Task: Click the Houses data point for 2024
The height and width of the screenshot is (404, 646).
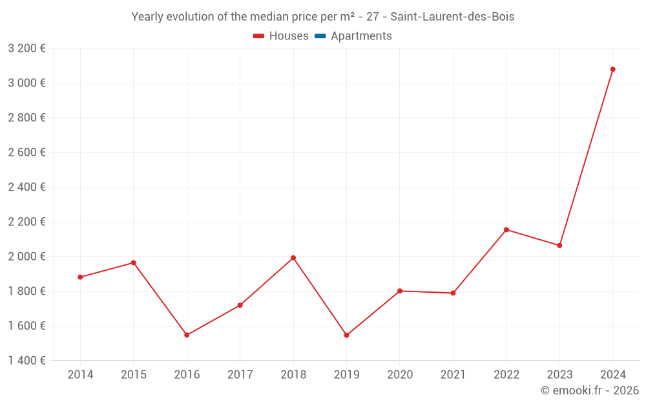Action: click(612, 69)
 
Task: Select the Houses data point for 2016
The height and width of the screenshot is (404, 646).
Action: click(187, 335)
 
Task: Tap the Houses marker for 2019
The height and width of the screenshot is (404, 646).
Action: click(346, 335)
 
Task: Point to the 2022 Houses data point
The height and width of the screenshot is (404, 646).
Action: click(506, 229)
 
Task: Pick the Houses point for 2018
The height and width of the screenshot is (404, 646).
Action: click(293, 258)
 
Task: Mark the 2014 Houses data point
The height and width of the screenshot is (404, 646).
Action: click(80, 277)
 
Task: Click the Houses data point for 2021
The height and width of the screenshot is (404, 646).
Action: click(453, 293)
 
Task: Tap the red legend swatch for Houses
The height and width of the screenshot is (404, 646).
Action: click(258, 36)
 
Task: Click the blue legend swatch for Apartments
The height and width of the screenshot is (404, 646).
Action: click(320, 36)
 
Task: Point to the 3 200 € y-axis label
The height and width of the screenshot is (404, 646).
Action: click(26, 48)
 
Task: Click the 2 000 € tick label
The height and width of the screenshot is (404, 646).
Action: click(26, 257)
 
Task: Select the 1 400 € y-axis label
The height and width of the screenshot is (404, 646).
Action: click(26, 361)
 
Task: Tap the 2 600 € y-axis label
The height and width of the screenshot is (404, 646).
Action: click(26, 153)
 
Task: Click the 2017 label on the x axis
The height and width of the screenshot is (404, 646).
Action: click(240, 375)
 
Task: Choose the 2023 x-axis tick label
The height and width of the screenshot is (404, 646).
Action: click(559, 375)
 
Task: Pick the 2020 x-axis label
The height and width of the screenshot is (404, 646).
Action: click(400, 375)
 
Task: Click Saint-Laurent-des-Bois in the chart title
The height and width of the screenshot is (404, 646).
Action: click(452, 17)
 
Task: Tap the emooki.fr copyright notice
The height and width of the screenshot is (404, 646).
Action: click(589, 390)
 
